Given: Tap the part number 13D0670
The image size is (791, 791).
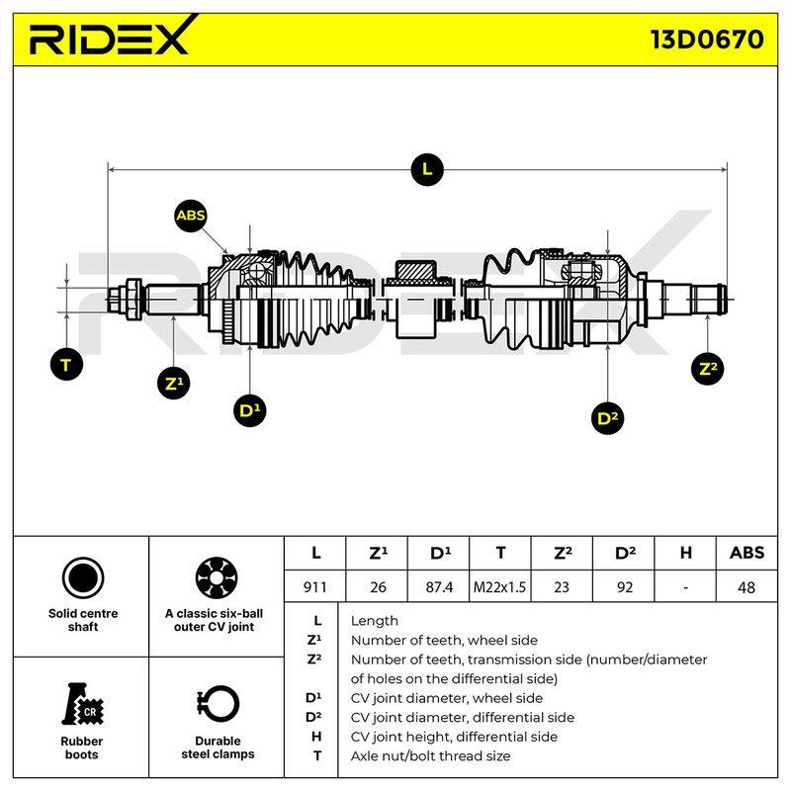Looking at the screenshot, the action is [x=707, y=40].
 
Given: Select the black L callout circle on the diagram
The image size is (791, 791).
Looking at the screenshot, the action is [x=427, y=169].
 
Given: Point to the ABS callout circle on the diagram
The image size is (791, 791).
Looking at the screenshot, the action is [x=191, y=216].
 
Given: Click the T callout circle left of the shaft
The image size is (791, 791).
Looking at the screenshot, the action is [x=66, y=364].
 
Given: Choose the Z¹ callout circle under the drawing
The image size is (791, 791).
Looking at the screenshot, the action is [x=174, y=384].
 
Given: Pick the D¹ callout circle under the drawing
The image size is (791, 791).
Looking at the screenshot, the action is [x=250, y=410].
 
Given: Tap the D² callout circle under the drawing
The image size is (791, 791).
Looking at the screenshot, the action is [x=607, y=418].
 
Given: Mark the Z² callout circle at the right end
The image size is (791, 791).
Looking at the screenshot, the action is [x=707, y=368].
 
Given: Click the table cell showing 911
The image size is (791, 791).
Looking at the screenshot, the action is [x=315, y=587].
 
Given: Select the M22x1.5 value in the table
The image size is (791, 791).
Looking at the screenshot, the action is [x=499, y=587].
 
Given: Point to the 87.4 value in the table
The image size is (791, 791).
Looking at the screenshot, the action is [x=439, y=587].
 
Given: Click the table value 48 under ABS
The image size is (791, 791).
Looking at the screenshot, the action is [x=747, y=587].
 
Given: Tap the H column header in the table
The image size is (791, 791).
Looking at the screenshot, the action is [x=685, y=553].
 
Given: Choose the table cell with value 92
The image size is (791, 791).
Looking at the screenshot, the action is [x=624, y=587].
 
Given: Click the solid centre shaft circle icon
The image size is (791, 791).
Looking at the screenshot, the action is [x=83, y=578].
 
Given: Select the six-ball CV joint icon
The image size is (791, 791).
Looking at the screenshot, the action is [x=217, y=578].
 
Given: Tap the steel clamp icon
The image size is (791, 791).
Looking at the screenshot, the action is [x=218, y=705].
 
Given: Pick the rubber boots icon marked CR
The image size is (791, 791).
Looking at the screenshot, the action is [x=83, y=704].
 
